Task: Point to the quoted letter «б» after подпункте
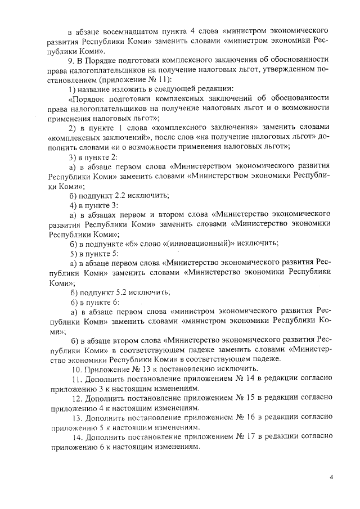[x=141, y=243]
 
